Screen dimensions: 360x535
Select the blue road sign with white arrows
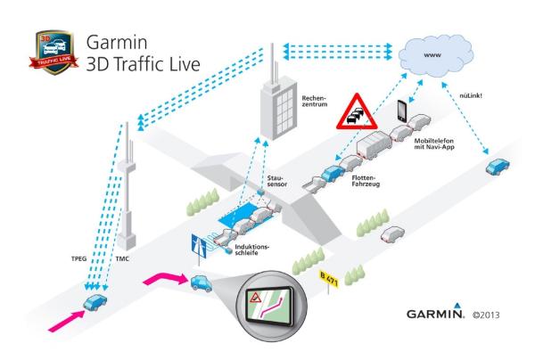(x=198, y=245)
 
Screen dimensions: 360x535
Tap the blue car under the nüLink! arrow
(x=498, y=168)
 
